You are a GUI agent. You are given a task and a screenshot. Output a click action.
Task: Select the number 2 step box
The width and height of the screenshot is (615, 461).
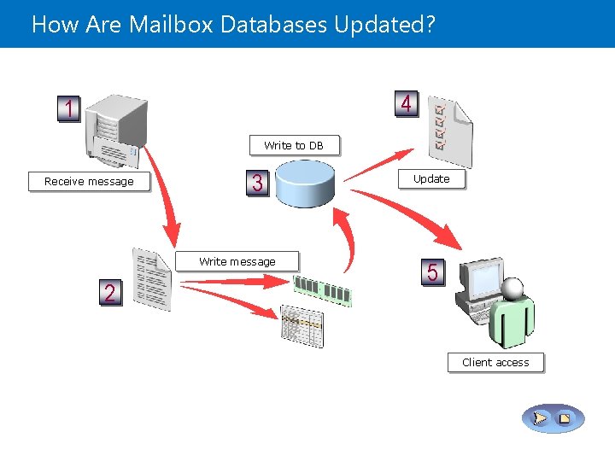tap(109, 293)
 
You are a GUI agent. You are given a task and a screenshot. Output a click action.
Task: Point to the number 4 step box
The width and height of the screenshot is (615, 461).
tap(407, 104)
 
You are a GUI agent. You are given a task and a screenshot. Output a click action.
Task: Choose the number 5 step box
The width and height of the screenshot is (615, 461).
tap(432, 272)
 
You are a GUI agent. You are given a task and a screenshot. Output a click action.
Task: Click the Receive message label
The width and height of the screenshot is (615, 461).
tap(89, 181)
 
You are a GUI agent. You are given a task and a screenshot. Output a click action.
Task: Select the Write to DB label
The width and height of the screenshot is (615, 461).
tap(294, 145)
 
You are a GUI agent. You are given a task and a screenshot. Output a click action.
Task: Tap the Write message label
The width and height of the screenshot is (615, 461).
tap(237, 261)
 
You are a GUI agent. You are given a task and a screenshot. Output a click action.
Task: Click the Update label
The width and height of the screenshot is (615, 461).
tap(431, 178)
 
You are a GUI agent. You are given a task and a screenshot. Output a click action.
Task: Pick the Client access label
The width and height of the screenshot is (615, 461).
tap(495, 362)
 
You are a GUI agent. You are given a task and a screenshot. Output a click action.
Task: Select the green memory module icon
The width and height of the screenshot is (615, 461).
tap(322, 290)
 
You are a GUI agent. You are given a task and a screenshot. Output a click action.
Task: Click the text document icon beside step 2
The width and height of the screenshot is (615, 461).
tap(152, 279)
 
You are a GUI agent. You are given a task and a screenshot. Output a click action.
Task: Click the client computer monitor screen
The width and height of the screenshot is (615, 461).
tap(481, 276)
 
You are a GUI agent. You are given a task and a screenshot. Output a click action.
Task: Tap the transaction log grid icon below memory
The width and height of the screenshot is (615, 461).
tap(302, 325)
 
